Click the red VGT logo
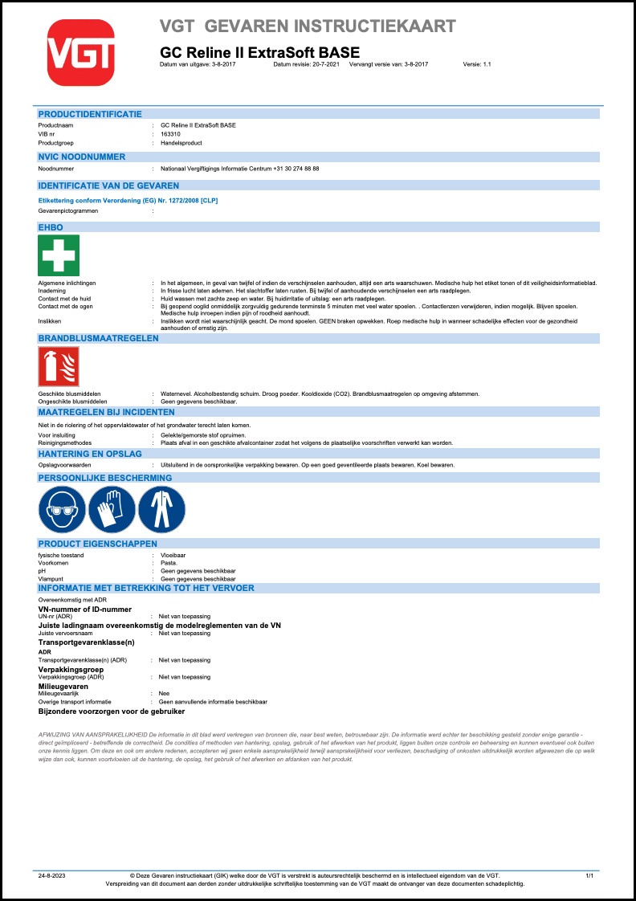[82, 52]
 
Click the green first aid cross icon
[59, 255]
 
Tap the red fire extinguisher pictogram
[59, 367]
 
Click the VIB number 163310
[170, 135]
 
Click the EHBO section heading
[51, 227]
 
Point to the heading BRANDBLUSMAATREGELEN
[98, 339]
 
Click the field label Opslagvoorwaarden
[62, 465]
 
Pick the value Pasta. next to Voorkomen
[169, 563]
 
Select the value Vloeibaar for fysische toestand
[173, 556]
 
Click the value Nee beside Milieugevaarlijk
[165, 692]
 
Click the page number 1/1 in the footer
[590, 874]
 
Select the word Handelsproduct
[181, 143]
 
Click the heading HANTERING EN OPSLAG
[90, 454]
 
